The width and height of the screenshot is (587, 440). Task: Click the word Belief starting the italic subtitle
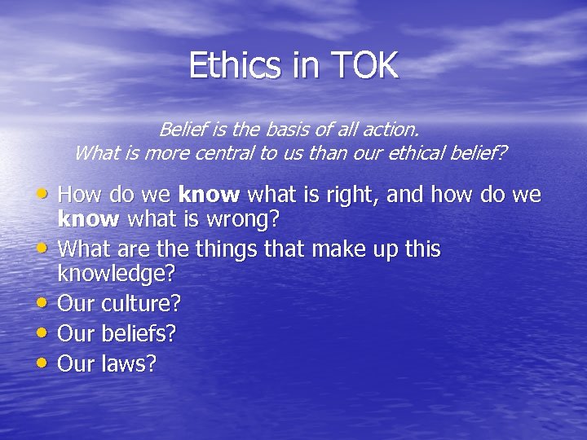[183, 129]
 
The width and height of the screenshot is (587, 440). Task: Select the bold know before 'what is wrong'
[88, 218]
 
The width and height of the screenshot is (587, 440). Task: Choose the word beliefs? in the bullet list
[139, 333]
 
